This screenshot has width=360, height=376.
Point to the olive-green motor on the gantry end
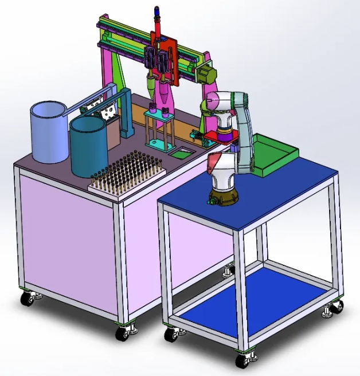pyautogui.click(x=208, y=74)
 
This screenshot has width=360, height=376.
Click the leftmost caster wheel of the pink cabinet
pyautogui.click(x=28, y=299)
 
